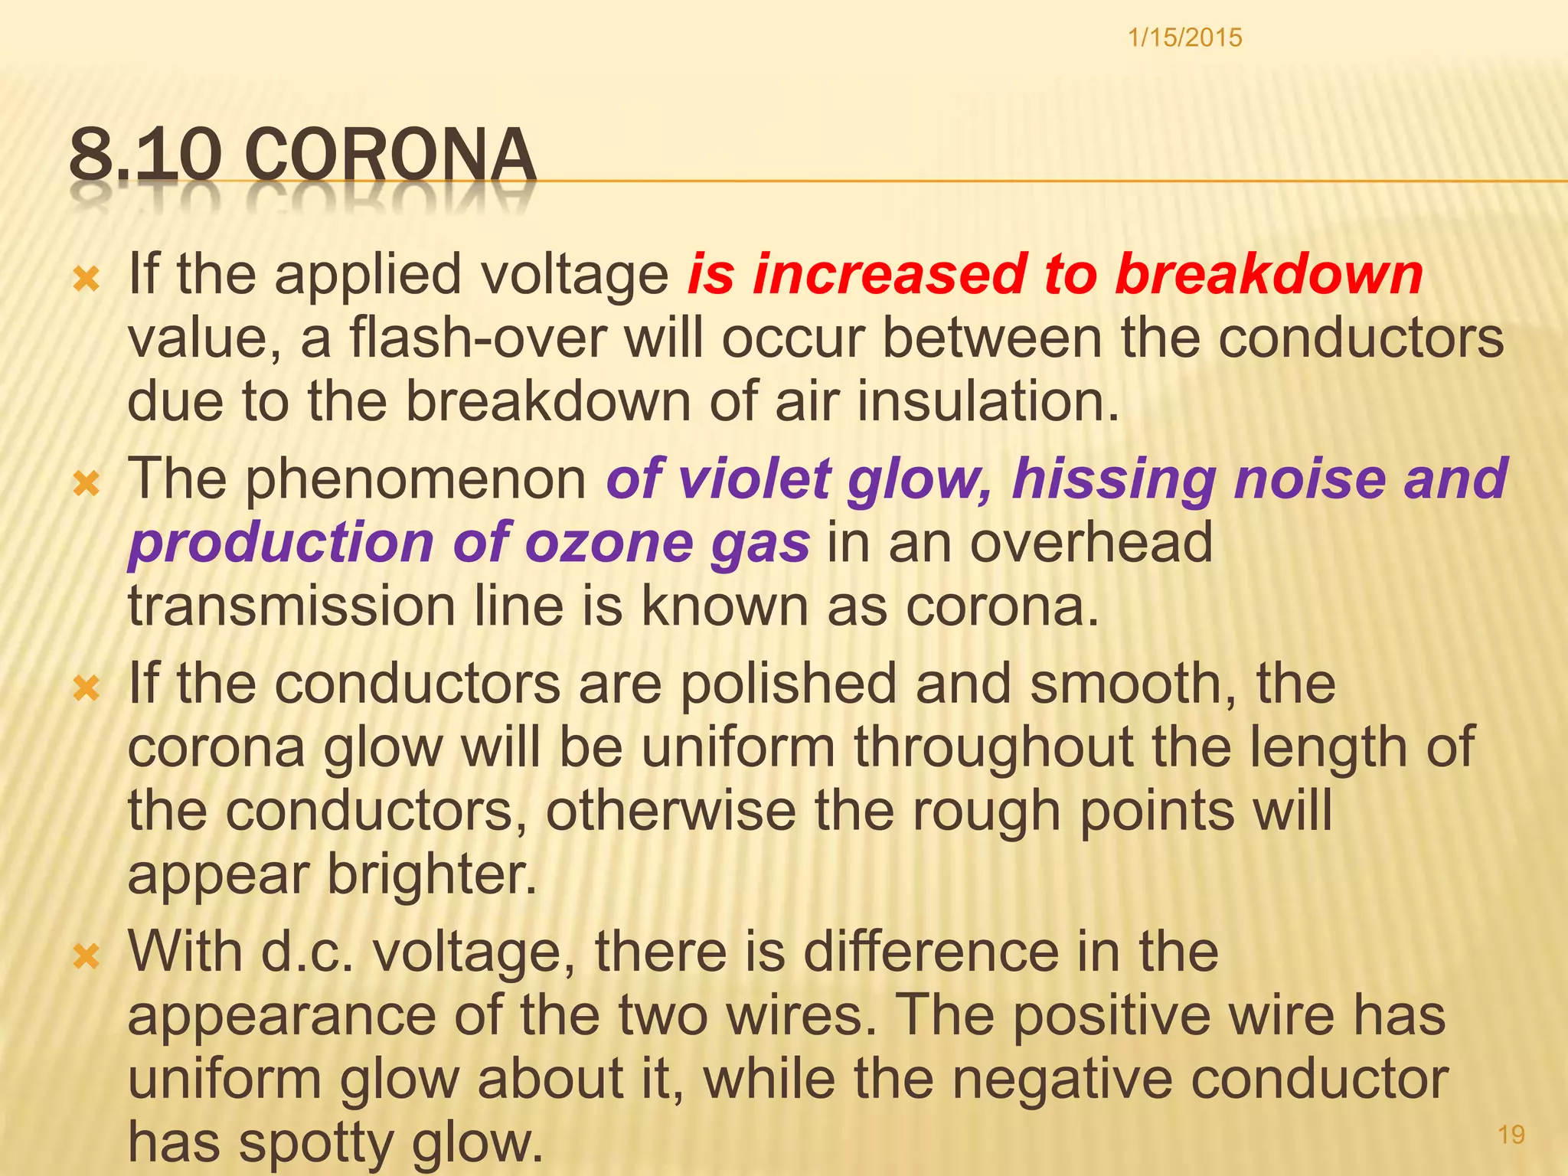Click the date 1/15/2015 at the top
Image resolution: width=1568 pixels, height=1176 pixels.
tap(1184, 38)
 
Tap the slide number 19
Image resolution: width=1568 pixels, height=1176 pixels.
tap(1511, 1135)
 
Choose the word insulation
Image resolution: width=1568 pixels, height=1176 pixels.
tap(988, 401)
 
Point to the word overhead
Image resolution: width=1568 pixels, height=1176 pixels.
tap(1091, 542)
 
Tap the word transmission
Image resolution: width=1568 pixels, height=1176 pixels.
tap(292, 606)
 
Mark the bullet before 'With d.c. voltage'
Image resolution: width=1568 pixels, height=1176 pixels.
tap(86, 955)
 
